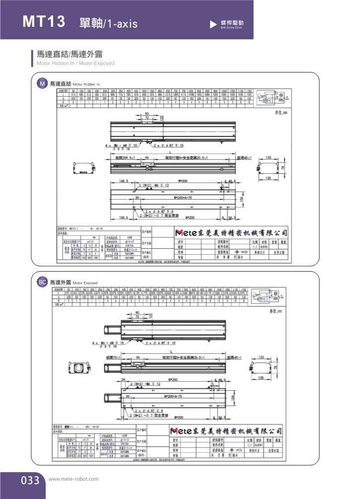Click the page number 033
coord(30,480)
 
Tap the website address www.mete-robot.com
coord(74,479)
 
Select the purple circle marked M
coord(43,83)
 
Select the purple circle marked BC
coord(43,282)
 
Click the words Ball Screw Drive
coord(231,28)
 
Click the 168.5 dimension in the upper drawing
coord(124,181)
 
